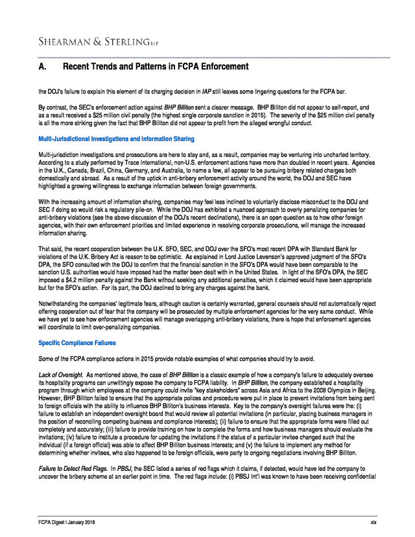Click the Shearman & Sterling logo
tap(98, 42)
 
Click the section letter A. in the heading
tap(43, 67)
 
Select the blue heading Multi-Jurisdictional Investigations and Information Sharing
tap(116, 139)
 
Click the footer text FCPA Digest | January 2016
tap(66, 522)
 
